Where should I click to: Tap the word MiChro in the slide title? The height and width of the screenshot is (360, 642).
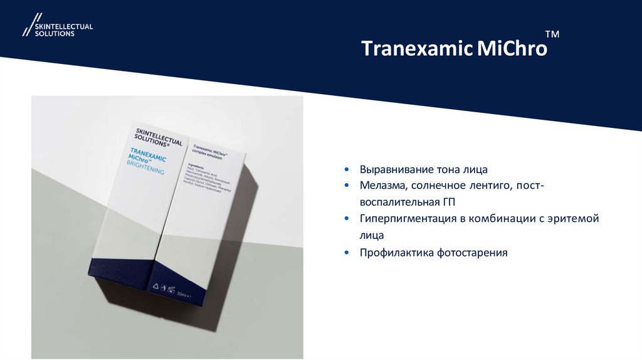509,49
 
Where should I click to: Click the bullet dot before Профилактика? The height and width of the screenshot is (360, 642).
347,253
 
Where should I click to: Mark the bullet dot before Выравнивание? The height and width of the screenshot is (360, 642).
347,170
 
